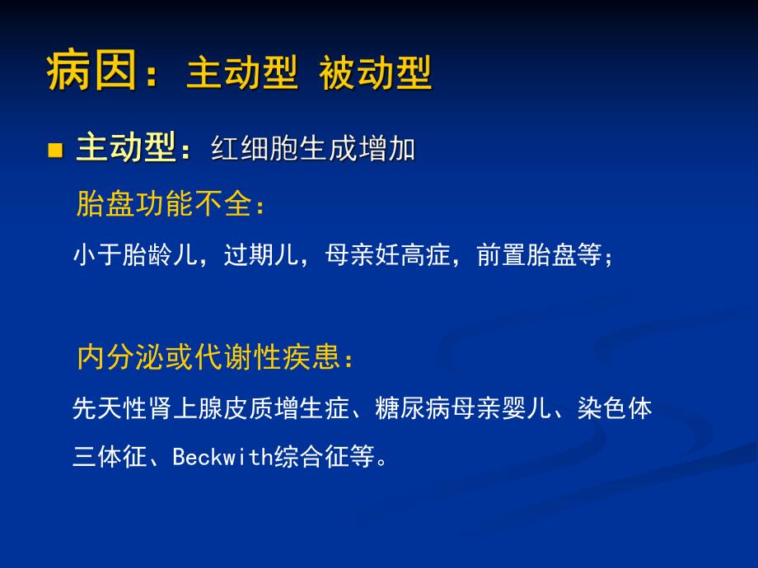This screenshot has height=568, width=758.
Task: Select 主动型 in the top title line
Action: point(241,74)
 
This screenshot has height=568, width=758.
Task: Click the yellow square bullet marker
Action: point(56,150)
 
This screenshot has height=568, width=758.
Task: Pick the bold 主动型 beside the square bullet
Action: point(126,148)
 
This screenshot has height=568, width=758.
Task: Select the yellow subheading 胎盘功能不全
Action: point(163,204)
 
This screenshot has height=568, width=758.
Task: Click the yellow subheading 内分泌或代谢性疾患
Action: point(207,357)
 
